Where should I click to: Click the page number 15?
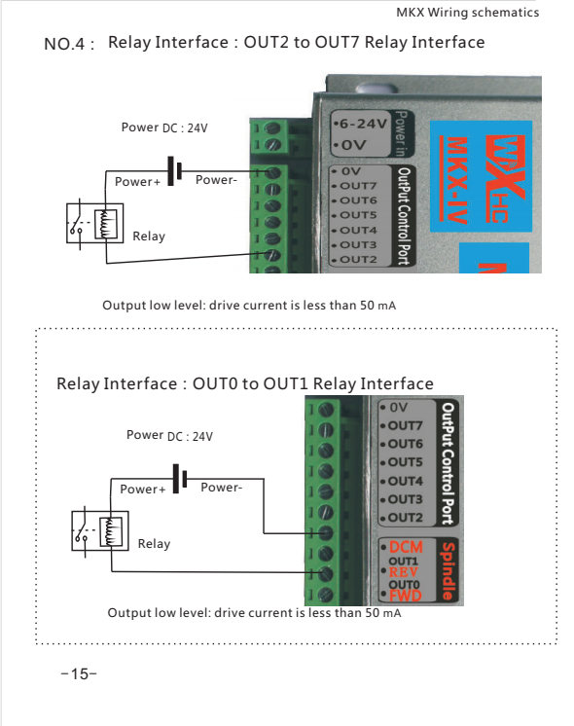(79, 673)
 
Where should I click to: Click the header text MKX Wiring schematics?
(468, 13)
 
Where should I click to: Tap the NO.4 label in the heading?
(64, 44)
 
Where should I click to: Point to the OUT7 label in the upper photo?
(358, 186)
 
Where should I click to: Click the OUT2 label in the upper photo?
(358, 260)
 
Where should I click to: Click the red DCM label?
(406, 547)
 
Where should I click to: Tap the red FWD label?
(406, 596)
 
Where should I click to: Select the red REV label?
(403, 572)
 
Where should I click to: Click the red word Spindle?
(448, 571)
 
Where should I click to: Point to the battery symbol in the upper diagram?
(174, 171)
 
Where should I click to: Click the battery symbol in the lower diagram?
(180, 479)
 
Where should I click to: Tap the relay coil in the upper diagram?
(106, 224)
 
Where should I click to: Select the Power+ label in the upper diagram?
(137, 181)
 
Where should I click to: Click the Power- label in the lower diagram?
(221, 488)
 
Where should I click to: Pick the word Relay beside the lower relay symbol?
(154, 544)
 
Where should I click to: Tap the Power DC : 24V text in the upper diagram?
(164, 127)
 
